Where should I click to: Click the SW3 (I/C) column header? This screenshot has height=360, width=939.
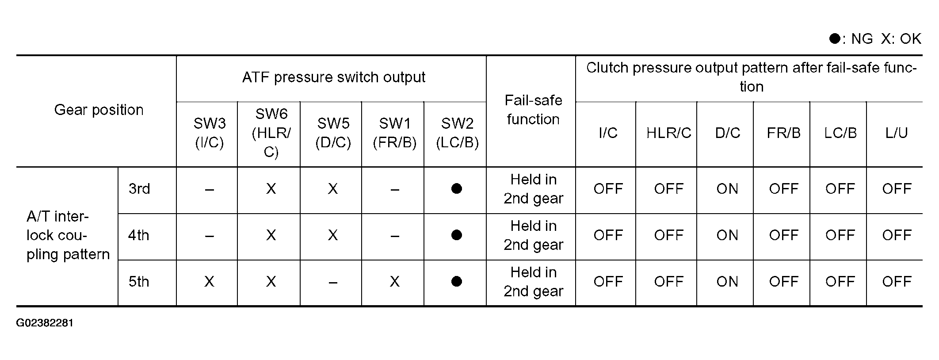tap(209, 133)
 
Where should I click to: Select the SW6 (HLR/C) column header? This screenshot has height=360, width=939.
tap(271, 133)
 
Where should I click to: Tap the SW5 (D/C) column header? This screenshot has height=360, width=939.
tap(333, 133)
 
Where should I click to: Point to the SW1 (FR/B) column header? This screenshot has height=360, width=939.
tap(394, 133)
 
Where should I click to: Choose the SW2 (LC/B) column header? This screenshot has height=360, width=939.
tap(457, 133)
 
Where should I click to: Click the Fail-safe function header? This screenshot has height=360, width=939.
tap(533, 110)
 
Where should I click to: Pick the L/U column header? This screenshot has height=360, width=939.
tap(896, 133)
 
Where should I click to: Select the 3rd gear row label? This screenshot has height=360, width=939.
tap(139, 189)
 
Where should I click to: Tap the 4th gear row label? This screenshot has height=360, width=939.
tap(139, 235)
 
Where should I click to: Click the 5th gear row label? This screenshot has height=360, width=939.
tap(139, 282)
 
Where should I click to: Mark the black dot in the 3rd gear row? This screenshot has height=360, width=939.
tap(457, 189)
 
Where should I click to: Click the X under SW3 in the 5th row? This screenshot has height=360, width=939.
tap(209, 282)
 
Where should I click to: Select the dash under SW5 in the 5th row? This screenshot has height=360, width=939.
tap(333, 282)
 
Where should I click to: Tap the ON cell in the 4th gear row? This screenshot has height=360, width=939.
tap(727, 235)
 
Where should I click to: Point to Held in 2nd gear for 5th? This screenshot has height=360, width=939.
tap(533, 282)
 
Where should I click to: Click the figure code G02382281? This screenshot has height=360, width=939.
tap(45, 323)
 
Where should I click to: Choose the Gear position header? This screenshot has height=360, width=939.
tap(99, 110)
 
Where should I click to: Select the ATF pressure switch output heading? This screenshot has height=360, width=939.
tap(333, 77)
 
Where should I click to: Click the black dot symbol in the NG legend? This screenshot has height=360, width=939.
tap(835, 39)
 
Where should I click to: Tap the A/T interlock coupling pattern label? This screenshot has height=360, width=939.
tap(68, 235)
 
